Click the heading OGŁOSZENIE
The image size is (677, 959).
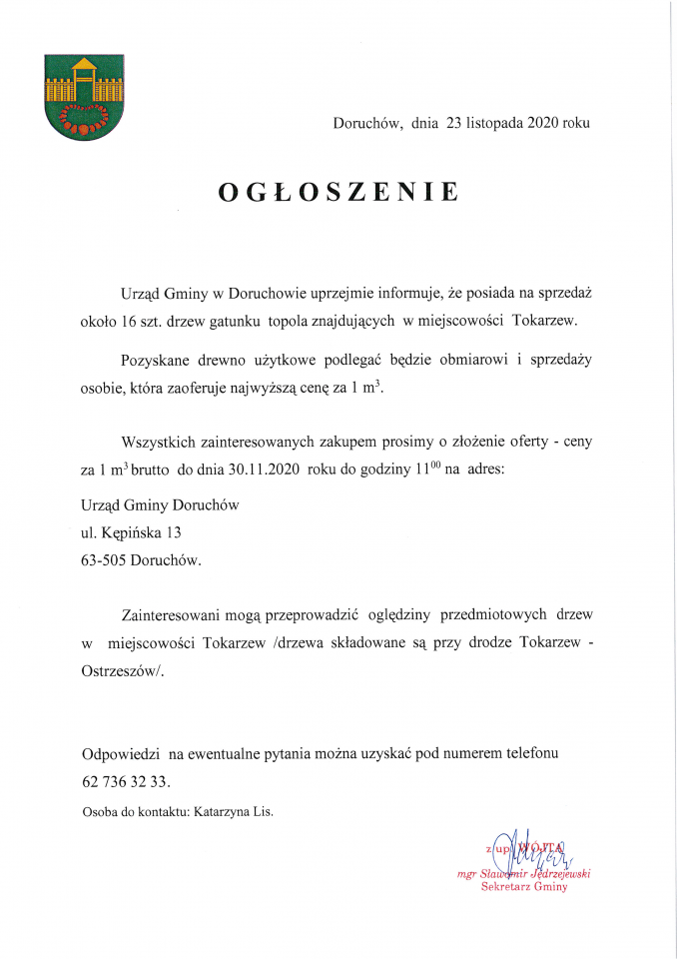coord(338,193)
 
